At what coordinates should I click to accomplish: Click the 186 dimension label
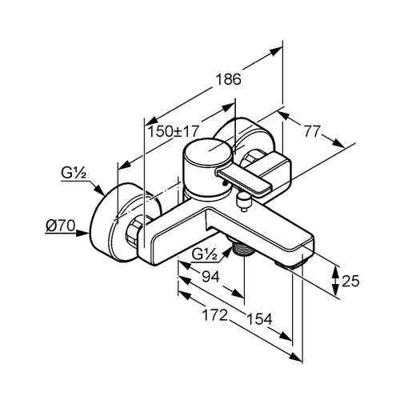pos(228,79)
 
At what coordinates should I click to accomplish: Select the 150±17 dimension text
pos(174,131)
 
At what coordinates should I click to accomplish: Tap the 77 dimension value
pos(312,131)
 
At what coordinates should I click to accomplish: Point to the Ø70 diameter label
pos(60,226)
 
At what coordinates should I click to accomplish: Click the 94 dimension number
pos(210,277)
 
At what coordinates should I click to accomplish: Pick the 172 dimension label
pos(215,315)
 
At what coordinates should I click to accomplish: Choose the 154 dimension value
pos(259,318)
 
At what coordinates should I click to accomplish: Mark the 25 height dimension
pos(350,281)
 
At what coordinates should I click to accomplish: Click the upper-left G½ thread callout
pos(74,173)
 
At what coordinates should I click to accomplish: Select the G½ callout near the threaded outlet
pos(205,255)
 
